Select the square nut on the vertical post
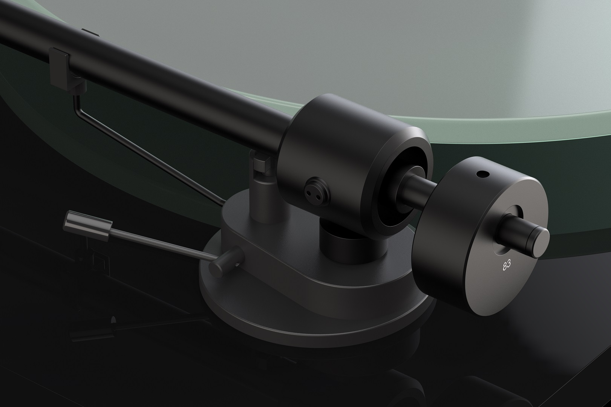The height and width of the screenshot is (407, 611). tap(260, 164)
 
